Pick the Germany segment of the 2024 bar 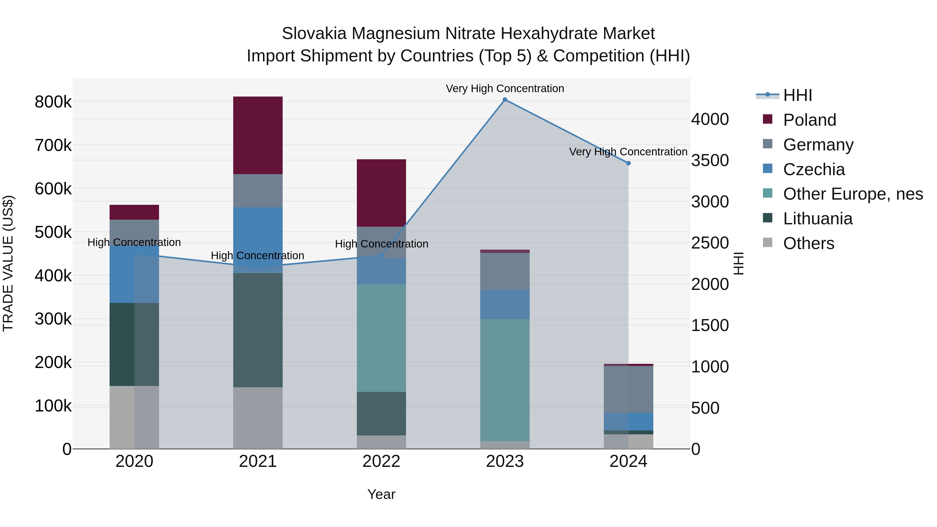tap(628, 389)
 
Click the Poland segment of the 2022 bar tap(381, 193)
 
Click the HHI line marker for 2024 tap(628, 163)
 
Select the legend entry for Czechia tap(814, 169)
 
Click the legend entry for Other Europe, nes tap(853, 194)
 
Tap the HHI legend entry tap(797, 95)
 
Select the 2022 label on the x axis tap(381, 461)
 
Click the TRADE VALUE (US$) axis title tap(8, 263)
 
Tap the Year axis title tap(381, 494)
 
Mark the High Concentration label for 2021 tap(257, 256)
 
